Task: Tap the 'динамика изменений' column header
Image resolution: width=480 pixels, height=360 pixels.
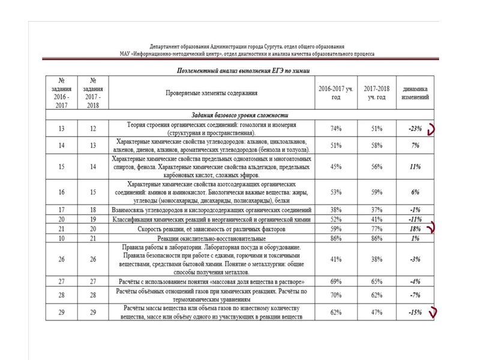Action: [415, 93]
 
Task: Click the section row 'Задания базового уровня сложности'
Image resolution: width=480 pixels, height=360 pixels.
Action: [240, 115]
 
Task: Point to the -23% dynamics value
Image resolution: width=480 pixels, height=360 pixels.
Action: [414, 128]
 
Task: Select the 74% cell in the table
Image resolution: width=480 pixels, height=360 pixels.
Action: [336, 128]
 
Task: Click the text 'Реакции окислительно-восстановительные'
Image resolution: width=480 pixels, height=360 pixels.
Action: [211, 238]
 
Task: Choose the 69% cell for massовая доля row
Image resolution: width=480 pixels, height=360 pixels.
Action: [336, 280]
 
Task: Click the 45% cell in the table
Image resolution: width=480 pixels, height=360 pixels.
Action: [336, 167]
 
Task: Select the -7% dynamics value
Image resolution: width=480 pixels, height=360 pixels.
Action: [415, 295]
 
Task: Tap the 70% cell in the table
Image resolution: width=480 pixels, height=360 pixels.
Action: [336, 295]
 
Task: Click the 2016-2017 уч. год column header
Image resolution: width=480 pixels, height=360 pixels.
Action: [336, 93]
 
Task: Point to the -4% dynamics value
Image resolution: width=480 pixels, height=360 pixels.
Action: [415, 280]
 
